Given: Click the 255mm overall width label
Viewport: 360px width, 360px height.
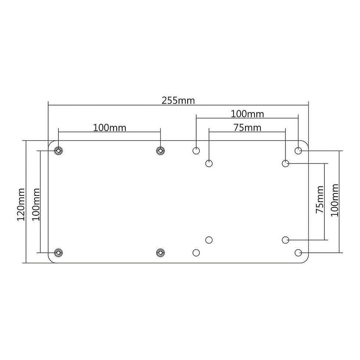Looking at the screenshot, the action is tap(178, 101).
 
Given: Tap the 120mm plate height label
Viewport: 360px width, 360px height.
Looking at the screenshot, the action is tap(21, 204).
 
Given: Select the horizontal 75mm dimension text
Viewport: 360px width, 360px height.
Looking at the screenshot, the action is tap(248, 128).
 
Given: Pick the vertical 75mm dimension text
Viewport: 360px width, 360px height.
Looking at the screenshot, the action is tap(320, 199).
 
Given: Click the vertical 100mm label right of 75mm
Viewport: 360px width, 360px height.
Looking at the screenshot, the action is tap(335, 200).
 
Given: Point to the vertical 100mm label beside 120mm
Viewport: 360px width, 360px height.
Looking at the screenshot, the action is tap(36, 204).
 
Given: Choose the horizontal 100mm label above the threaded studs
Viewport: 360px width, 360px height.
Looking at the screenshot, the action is tap(109, 128).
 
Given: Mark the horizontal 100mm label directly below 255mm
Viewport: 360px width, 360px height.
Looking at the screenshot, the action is tap(247, 114).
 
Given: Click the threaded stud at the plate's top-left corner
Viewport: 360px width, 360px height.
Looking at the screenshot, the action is tap(58, 151).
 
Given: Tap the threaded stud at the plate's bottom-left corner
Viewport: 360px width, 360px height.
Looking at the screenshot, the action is tap(58, 253).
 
